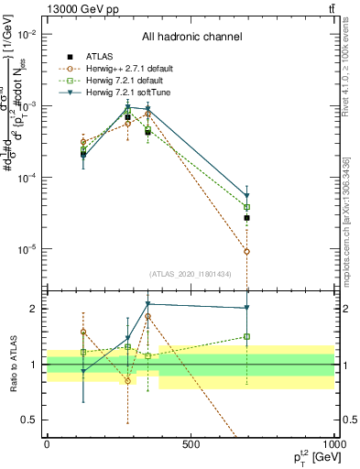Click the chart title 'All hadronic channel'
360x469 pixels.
(191, 38)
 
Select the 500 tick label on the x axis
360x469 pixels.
(191, 445)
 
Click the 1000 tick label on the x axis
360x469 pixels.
(333, 445)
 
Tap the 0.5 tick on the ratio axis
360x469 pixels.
(29, 420)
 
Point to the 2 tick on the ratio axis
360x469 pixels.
(34, 309)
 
